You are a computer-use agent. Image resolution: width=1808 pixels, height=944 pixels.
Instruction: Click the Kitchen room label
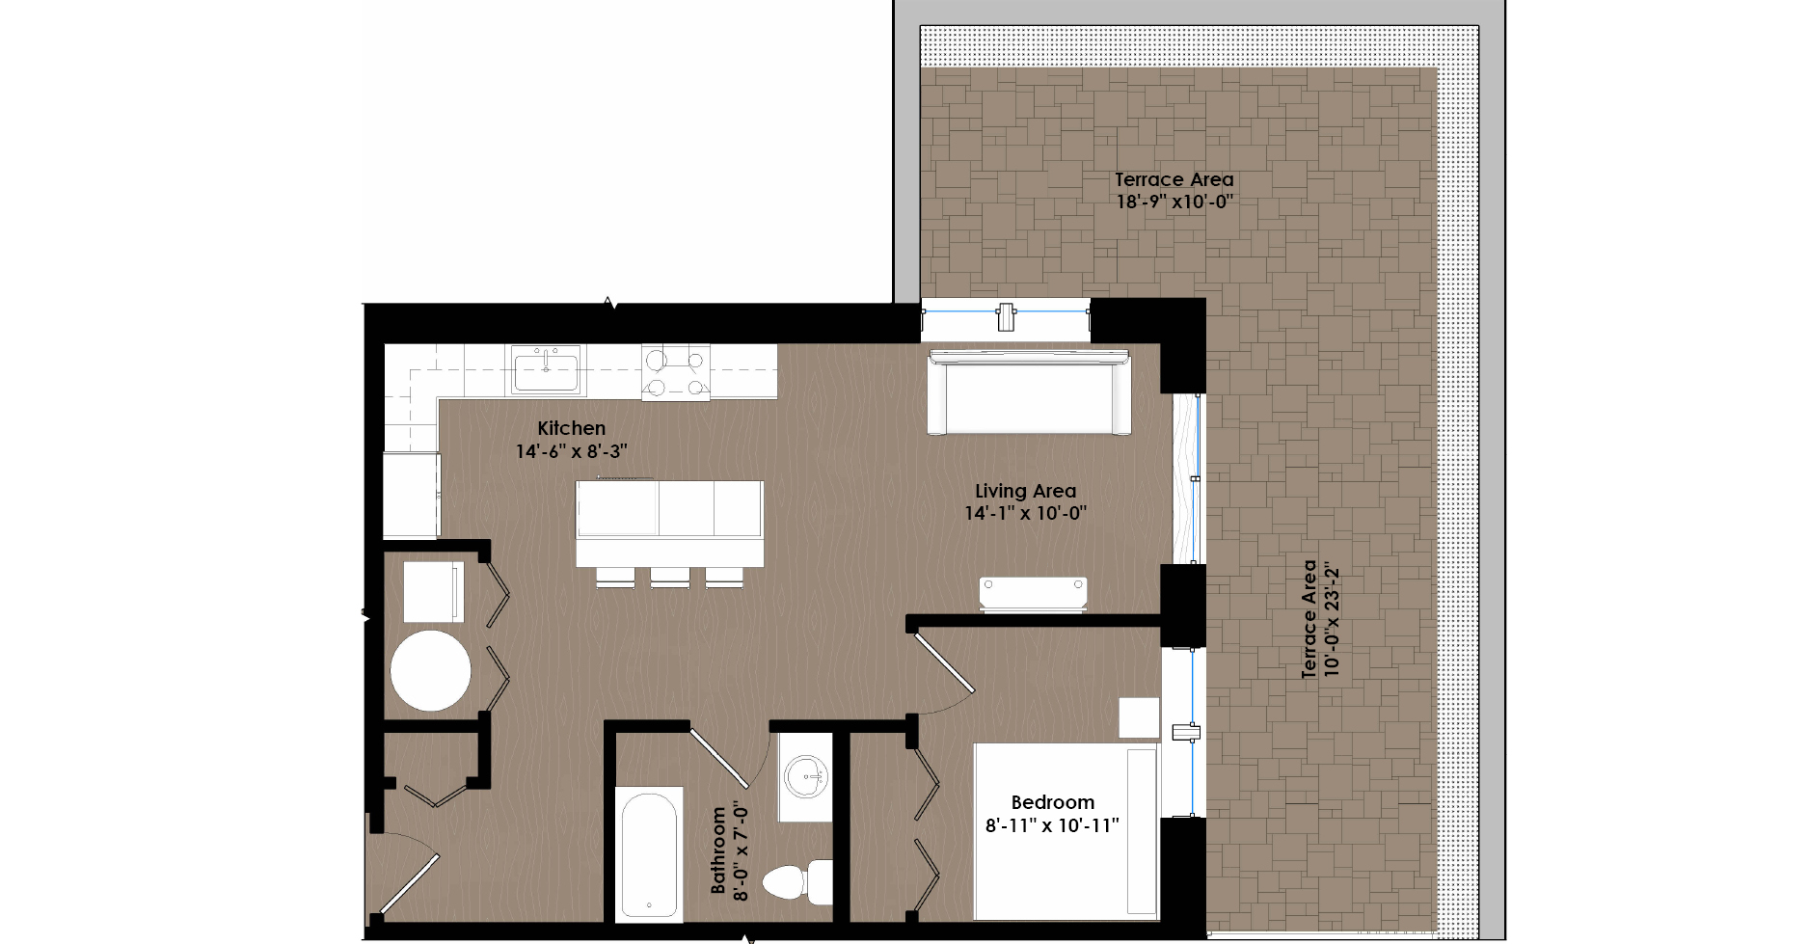pyautogui.click(x=571, y=428)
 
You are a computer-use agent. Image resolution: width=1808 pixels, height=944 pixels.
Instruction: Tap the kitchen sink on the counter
pyautogui.click(x=546, y=369)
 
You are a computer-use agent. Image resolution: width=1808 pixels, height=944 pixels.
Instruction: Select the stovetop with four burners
pyautogui.click(x=676, y=372)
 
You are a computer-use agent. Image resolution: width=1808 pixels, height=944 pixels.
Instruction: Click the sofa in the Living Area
pyautogui.click(x=1029, y=393)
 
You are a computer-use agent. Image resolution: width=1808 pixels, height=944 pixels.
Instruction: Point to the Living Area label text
pyautogui.click(x=1025, y=491)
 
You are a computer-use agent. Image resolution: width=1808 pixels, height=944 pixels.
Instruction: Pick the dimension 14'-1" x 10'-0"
pyautogui.click(x=1025, y=513)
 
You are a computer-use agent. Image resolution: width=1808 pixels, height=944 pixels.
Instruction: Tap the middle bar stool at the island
pyautogui.click(x=670, y=577)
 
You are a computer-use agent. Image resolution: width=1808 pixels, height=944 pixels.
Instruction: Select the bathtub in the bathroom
pyautogui.click(x=649, y=854)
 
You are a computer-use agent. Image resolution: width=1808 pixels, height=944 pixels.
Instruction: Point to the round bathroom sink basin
pyautogui.click(x=806, y=776)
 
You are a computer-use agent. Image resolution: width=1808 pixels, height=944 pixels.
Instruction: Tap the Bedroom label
pyautogui.click(x=1052, y=802)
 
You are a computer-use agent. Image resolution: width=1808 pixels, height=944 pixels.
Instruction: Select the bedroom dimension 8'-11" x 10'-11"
pyautogui.click(x=1052, y=825)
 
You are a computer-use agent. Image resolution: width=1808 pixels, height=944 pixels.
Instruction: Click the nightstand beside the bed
pyautogui.click(x=1139, y=717)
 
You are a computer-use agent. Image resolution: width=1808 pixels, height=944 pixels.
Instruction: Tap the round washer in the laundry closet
pyautogui.click(x=431, y=671)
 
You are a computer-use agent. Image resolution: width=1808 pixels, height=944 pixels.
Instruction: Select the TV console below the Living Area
pyautogui.click(x=1033, y=593)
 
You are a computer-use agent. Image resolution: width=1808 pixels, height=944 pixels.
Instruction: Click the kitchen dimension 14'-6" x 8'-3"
pyautogui.click(x=571, y=451)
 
